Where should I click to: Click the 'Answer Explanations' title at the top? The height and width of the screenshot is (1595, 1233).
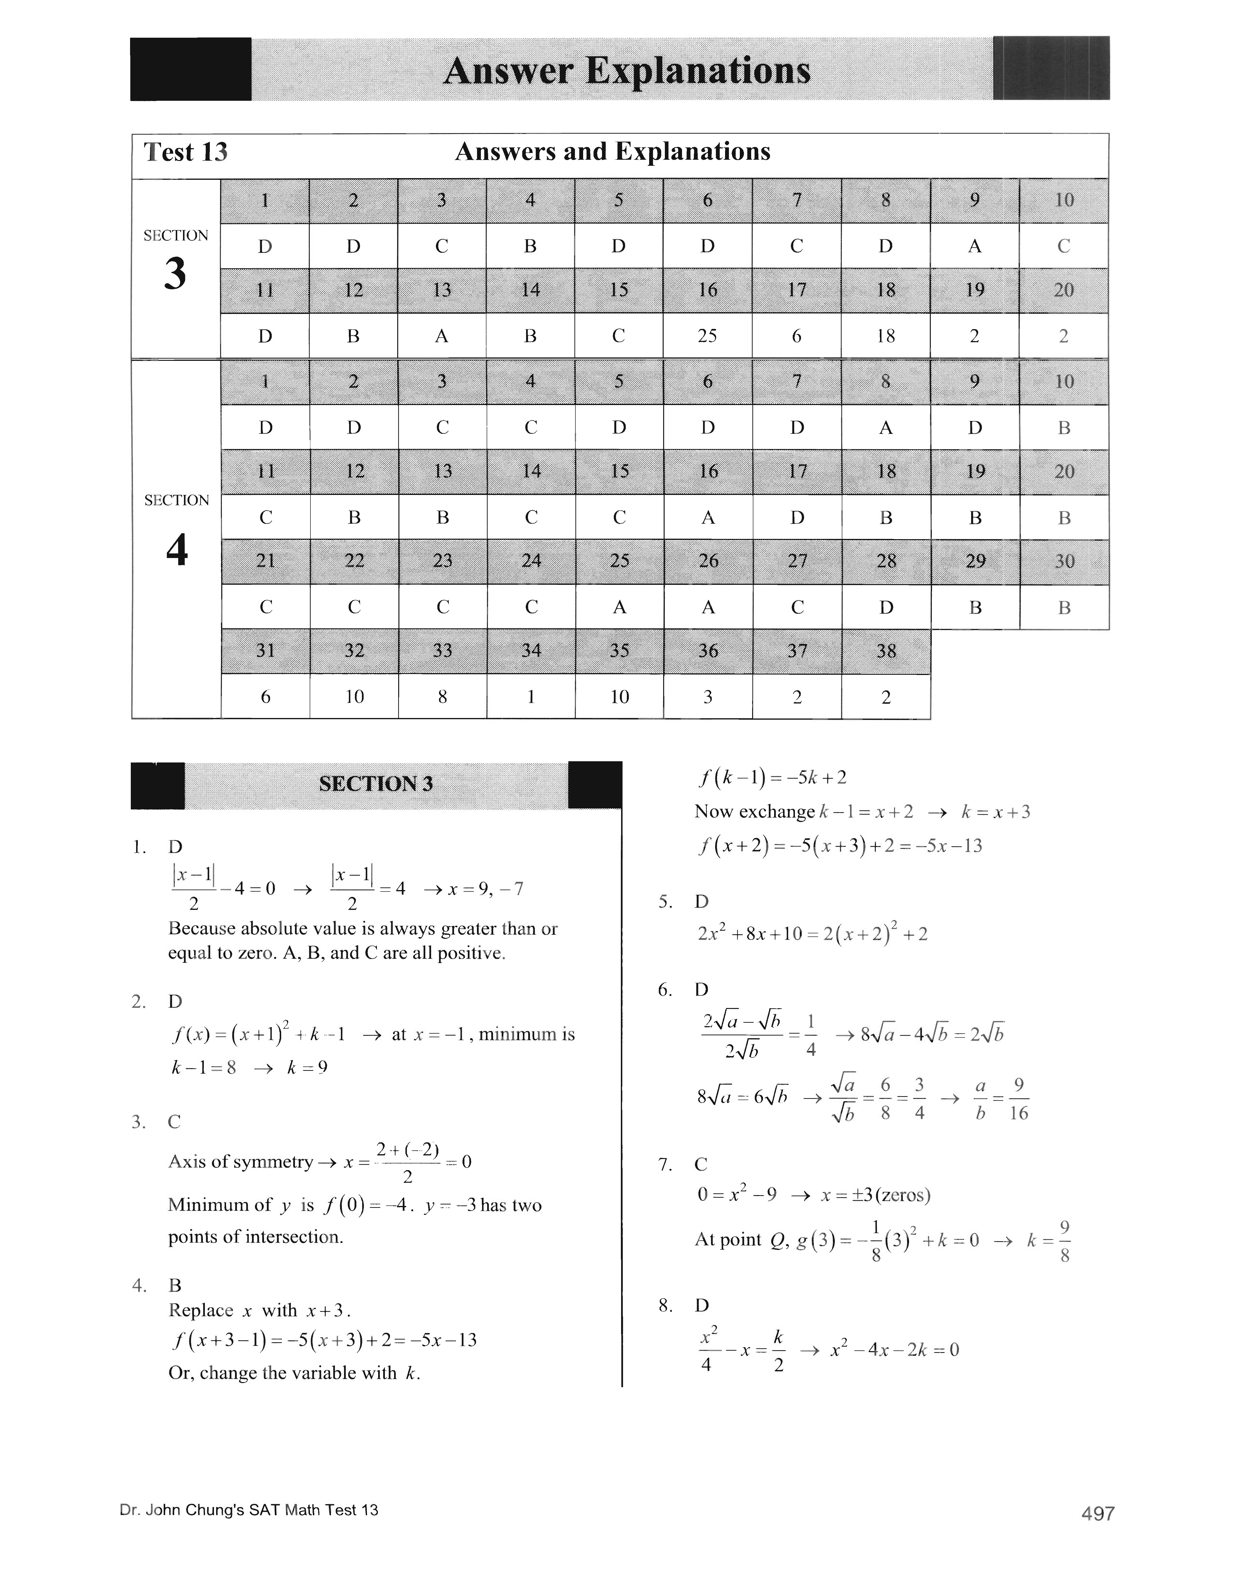coord(627,71)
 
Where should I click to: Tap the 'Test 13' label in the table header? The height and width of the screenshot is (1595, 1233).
coord(185,152)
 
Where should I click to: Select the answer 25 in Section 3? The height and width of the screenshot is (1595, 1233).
coord(707,336)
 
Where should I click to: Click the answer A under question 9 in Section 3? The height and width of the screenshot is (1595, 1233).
coord(974,246)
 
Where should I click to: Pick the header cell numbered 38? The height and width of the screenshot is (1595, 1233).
coord(886,651)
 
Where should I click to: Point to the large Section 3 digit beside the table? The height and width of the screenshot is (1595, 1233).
coord(175,274)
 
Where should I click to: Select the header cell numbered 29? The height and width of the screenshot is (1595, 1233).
coord(975,561)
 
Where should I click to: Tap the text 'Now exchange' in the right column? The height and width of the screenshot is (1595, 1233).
coord(754,811)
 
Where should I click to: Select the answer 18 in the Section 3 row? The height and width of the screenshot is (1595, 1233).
coord(885,336)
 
